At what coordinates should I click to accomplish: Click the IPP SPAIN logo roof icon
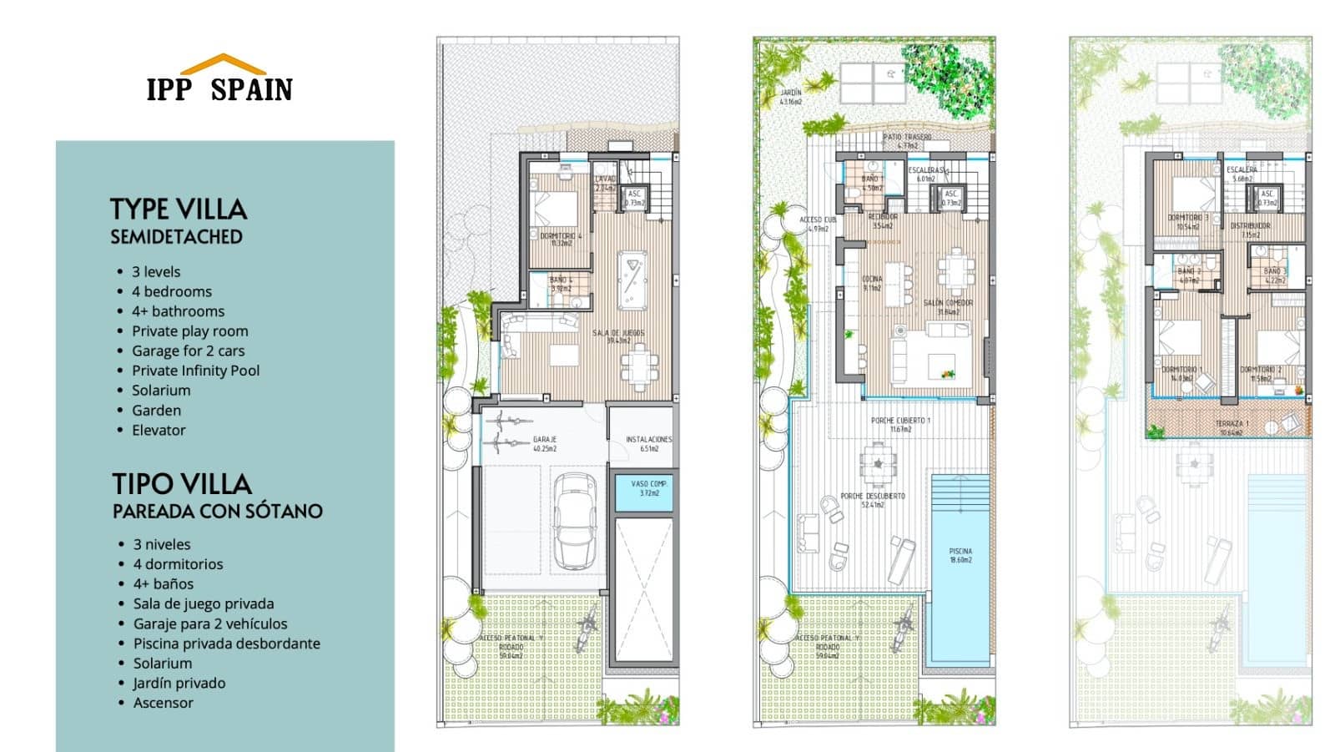[x=223, y=64]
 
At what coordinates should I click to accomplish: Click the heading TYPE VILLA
[x=179, y=209]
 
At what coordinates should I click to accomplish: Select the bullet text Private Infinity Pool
[x=195, y=371]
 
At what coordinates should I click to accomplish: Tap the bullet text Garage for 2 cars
[x=188, y=351]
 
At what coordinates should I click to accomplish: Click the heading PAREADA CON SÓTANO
[x=217, y=512]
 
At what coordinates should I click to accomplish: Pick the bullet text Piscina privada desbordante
[x=226, y=643]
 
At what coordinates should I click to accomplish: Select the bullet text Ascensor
[x=163, y=703]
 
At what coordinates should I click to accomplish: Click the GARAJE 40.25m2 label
[x=545, y=444]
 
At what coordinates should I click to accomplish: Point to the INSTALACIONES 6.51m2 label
[x=648, y=444]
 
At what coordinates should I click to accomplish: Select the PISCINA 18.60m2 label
[x=960, y=555]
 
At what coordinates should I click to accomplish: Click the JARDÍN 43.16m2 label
[x=790, y=97]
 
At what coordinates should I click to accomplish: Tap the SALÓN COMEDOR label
[x=948, y=307]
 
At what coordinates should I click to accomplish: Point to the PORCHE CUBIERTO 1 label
[x=899, y=424]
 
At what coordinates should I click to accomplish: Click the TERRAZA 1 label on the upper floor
[x=1232, y=428]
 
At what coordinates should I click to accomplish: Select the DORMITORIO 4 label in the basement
[x=561, y=240]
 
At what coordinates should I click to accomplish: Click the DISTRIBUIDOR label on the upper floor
[x=1250, y=230]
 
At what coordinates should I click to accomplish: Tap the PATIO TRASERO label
[x=907, y=140]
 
